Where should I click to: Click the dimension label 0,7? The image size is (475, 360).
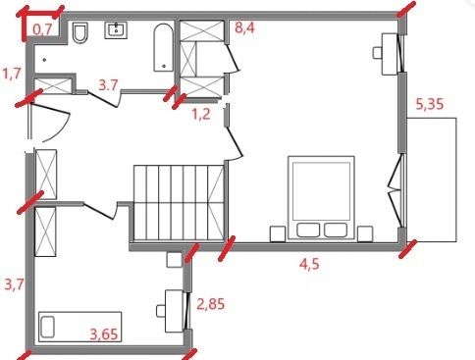point(43,29)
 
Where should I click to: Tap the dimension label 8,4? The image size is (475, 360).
point(244,27)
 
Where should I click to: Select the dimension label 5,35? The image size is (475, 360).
point(430,104)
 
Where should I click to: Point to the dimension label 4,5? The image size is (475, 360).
point(309,264)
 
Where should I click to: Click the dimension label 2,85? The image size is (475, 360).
point(211,304)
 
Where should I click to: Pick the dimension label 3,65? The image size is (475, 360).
point(104,334)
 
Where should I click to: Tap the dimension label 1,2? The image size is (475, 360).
point(201,115)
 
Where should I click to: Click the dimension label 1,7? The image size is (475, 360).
point(12,74)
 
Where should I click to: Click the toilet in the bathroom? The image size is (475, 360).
point(80,32)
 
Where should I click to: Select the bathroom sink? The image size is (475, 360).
point(116,30)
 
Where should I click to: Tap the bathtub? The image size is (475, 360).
point(163,47)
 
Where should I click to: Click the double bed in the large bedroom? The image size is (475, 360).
point(321,197)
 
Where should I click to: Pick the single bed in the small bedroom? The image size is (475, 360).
point(80,327)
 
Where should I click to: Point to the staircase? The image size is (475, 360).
point(179,203)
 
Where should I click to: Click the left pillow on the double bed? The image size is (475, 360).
point(308,230)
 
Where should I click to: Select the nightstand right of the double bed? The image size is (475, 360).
point(365,233)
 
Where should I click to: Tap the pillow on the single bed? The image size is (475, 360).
point(48,327)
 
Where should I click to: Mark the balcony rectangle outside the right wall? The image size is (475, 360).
point(432,180)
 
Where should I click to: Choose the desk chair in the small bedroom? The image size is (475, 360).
point(161,311)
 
